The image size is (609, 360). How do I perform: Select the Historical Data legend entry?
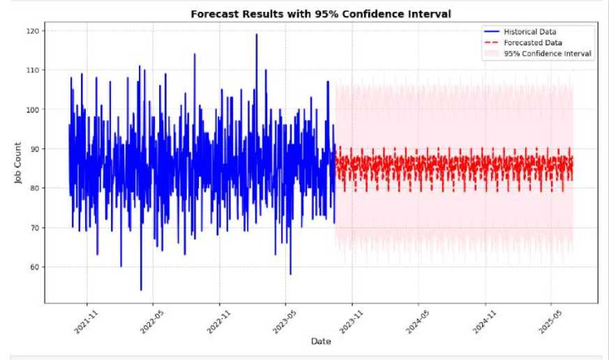[520, 31]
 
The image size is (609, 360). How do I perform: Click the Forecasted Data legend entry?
[522, 43]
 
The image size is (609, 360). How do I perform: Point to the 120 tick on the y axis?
[33, 31]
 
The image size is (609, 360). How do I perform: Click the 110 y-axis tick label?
[33, 70]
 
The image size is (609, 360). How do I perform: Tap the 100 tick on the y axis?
[33, 110]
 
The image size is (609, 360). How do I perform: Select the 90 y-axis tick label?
[35, 149]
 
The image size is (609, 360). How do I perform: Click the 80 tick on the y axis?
[35, 188]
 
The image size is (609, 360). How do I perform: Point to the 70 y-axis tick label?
[35, 227]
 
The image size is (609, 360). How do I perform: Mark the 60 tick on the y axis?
[35, 267]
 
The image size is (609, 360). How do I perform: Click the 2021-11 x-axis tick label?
[87, 322]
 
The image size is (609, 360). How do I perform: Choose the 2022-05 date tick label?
[152, 322]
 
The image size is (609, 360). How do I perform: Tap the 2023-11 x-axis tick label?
[352, 322]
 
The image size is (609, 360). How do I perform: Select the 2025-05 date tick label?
[550, 322]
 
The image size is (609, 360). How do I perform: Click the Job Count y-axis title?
[18, 163]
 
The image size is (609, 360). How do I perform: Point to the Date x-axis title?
[321, 341]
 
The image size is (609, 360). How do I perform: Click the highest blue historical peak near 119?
[256, 34]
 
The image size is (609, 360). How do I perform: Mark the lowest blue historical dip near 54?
[141, 290]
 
